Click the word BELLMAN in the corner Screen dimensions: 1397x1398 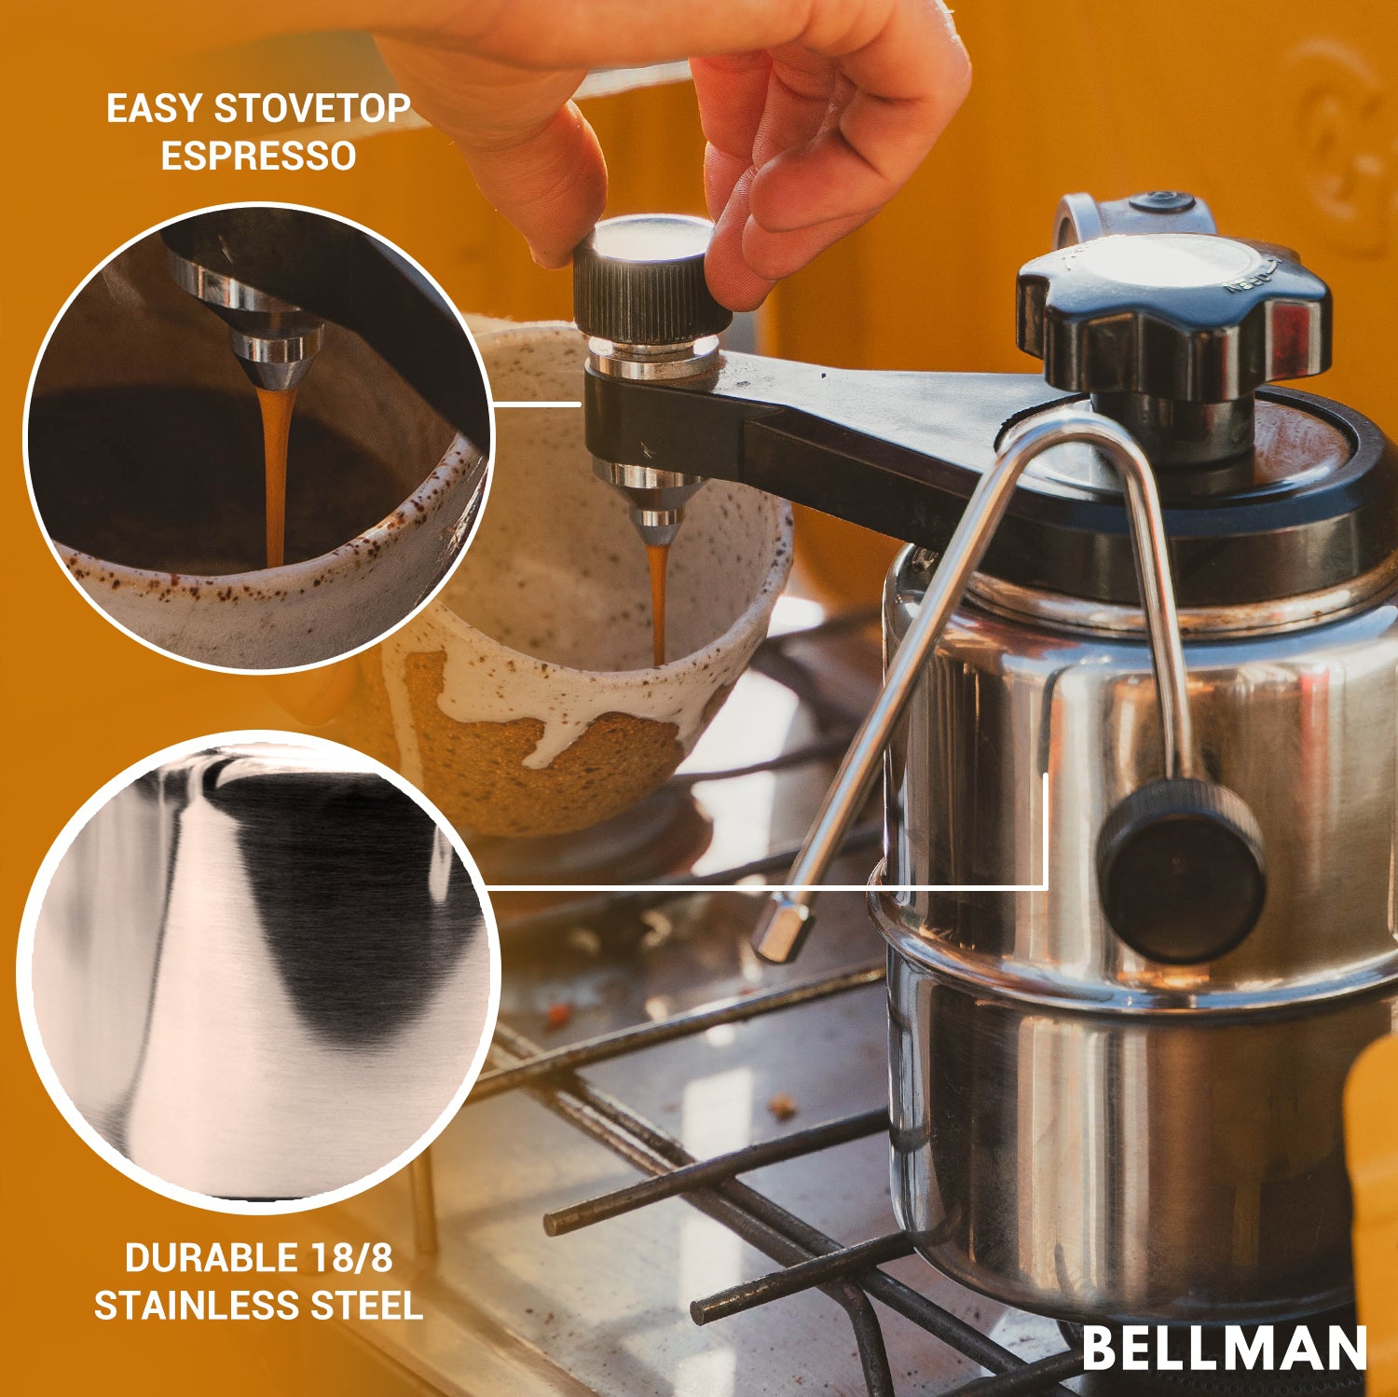(1224, 1349)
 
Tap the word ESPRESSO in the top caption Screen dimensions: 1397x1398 (258, 156)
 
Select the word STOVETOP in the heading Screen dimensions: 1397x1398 (312, 109)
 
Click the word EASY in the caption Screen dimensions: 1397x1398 (154, 109)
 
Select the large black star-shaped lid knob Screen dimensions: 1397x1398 (1172, 312)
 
